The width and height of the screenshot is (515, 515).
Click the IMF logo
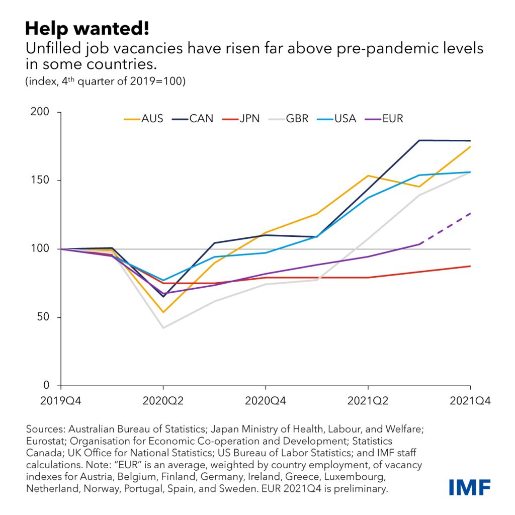(470, 487)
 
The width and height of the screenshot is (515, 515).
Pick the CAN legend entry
(194, 119)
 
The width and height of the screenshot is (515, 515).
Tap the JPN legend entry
(241, 119)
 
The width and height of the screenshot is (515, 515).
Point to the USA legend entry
(337, 119)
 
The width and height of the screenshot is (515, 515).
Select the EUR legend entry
(385, 119)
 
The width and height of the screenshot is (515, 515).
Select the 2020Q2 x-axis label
(163, 401)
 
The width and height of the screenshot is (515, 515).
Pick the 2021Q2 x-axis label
(368, 401)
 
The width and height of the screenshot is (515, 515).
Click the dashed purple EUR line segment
(445, 229)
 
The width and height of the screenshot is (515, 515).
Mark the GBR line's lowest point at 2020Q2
(163, 328)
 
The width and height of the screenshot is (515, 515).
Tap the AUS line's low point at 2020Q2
(163, 312)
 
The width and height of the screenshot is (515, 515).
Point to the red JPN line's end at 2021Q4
(470, 266)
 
